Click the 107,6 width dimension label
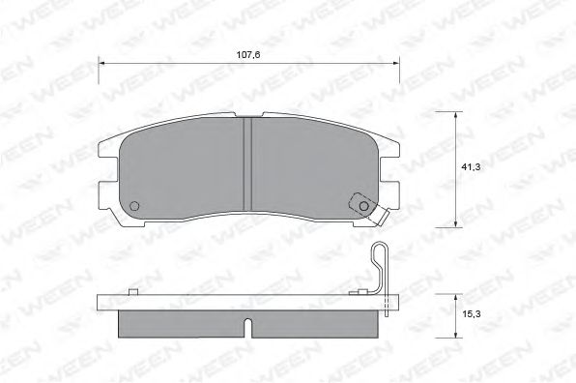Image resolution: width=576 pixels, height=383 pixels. pos(250,56)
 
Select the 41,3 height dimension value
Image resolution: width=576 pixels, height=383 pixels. pos(471,167)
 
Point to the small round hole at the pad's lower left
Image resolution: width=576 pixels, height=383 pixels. pos(134,205)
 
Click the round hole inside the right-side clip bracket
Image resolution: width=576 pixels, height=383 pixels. pos(362,205)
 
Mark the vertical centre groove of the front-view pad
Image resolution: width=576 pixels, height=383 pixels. pos(247,163)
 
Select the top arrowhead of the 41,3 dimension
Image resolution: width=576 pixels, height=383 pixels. pos(456,114)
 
